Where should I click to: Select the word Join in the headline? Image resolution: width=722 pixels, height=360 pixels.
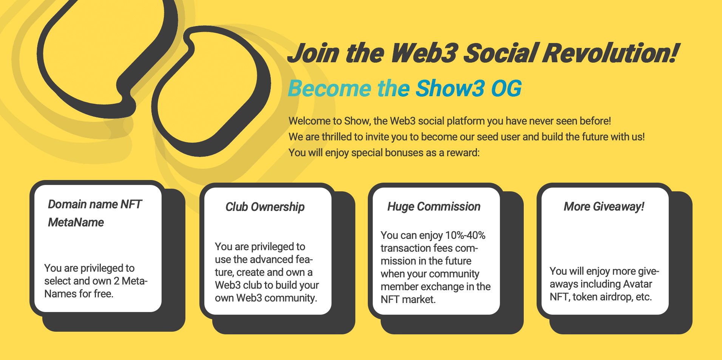coord(313,53)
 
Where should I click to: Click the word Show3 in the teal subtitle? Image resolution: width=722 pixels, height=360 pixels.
coord(450,89)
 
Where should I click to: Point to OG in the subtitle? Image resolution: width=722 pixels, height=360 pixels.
coord(506,89)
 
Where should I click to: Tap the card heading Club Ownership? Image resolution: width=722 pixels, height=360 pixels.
coord(265,207)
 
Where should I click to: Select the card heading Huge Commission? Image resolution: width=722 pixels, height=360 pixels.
coord(434,206)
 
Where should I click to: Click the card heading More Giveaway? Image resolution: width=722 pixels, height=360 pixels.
coord(604,206)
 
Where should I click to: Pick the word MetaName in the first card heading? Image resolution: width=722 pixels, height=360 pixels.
coord(76,222)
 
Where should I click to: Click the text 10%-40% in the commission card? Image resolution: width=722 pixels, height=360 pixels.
coord(465,235)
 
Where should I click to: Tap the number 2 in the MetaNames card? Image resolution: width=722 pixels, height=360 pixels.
coord(117,281)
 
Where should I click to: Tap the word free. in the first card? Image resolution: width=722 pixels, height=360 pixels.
coord(103,294)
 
